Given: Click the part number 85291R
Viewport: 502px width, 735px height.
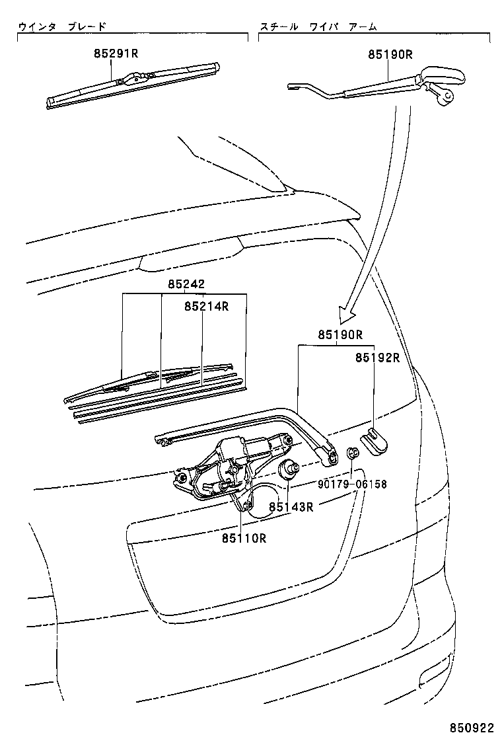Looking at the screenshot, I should pyautogui.click(x=116, y=55).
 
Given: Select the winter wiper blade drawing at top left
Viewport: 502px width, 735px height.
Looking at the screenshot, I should pyautogui.click(x=132, y=84).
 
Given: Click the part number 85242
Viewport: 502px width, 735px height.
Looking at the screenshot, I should pyautogui.click(x=186, y=284).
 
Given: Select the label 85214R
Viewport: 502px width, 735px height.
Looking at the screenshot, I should pyautogui.click(x=206, y=306).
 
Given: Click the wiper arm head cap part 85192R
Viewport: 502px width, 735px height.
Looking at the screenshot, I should pyautogui.click(x=375, y=442).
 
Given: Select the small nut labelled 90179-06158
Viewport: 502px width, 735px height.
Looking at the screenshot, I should pyautogui.click(x=353, y=453).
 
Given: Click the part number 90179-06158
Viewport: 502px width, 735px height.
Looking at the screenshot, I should pyautogui.click(x=353, y=484).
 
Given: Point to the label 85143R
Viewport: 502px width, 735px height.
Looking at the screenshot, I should pyautogui.click(x=291, y=507).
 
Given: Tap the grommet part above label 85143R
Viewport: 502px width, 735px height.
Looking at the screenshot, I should pyautogui.click(x=289, y=471).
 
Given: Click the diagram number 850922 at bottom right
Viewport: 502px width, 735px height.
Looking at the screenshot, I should pyautogui.click(x=472, y=724).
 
